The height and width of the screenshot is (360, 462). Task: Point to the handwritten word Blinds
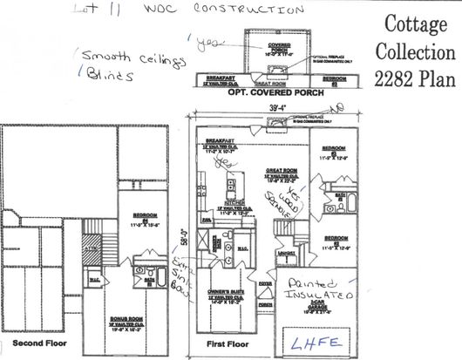(111, 75)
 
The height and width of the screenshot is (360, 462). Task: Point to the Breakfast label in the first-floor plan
(219, 140)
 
